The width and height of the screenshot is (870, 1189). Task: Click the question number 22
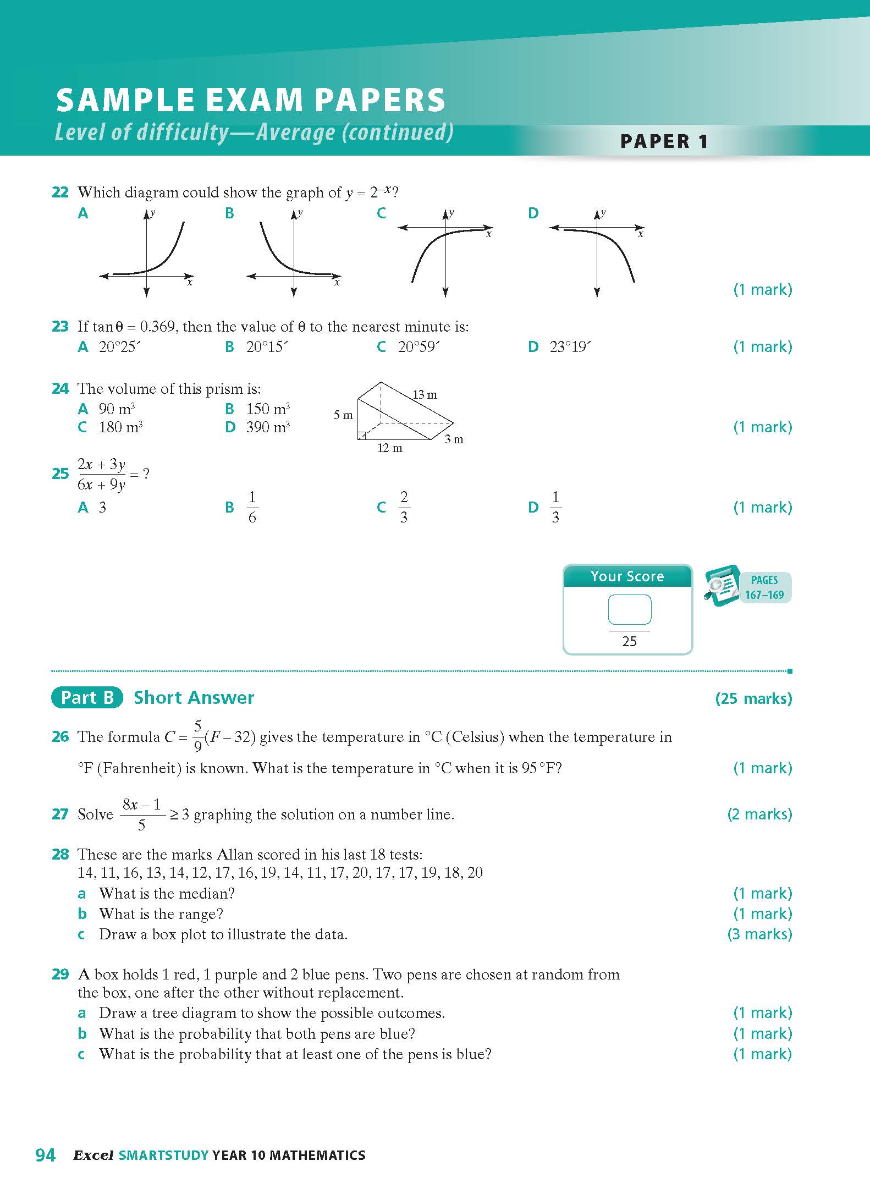pyautogui.click(x=60, y=192)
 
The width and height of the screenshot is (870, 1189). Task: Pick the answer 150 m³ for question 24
pyautogui.click(x=267, y=409)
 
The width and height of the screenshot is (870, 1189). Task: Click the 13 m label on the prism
pyautogui.click(x=425, y=395)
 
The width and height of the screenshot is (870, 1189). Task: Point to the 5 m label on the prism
pyautogui.click(x=343, y=415)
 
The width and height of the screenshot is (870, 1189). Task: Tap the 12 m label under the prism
pyautogui.click(x=389, y=448)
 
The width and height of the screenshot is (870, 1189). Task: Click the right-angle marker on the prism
pyautogui.click(x=361, y=436)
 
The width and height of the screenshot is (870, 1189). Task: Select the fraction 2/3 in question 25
pyautogui.click(x=404, y=507)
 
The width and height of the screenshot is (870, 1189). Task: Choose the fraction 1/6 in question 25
pyautogui.click(x=252, y=507)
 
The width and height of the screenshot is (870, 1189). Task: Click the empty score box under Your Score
pyautogui.click(x=630, y=609)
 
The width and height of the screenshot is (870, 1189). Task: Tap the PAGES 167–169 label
pyautogui.click(x=764, y=587)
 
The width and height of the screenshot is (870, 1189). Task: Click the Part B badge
pyautogui.click(x=87, y=697)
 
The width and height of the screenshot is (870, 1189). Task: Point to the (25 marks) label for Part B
pyautogui.click(x=753, y=698)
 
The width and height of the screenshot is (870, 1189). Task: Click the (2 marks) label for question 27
pyautogui.click(x=759, y=814)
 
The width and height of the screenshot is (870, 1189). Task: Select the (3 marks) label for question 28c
pyautogui.click(x=759, y=934)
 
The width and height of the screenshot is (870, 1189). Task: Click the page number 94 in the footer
pyautogui.click(x=45, y=1155)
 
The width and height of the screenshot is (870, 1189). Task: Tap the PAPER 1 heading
pyautogui.click(x=664, y=141)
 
